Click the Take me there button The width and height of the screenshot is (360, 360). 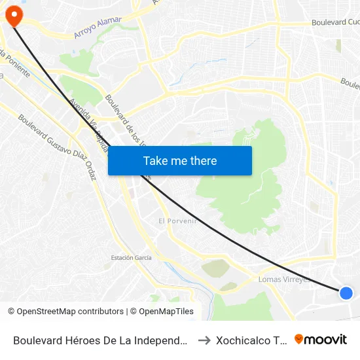point(180,160)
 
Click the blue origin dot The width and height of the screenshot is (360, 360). point(346,293)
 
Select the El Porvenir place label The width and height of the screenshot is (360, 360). point(178,221)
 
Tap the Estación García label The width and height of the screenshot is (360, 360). point(131,258)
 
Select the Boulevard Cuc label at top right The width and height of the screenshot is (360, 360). point(336,22)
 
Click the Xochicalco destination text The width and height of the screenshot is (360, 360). point(252,340)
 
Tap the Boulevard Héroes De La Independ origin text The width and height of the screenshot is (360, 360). point(101,340)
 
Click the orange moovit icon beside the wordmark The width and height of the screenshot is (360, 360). point(299,339)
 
